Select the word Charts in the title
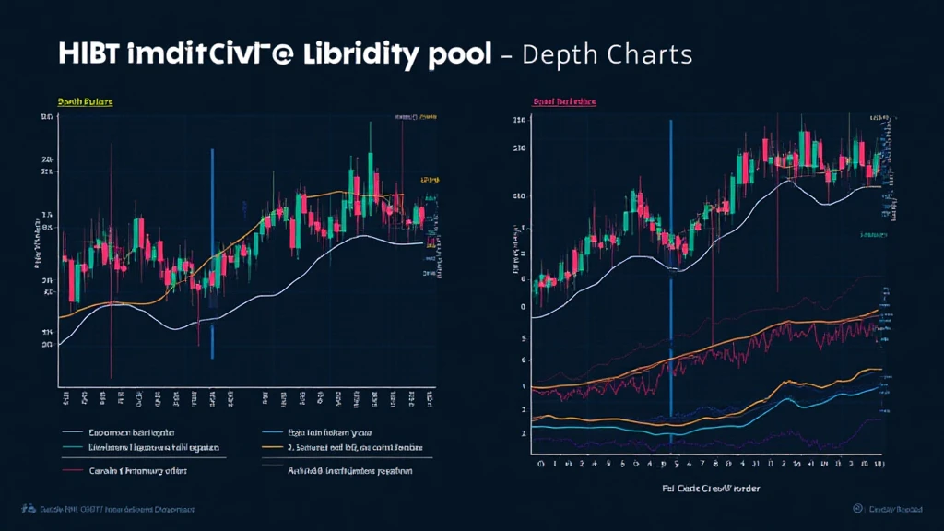point(650,54)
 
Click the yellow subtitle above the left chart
point(85,101)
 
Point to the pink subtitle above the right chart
point(563,101)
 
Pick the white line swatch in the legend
point(72,431)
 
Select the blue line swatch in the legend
point(272,431)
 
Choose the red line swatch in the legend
point(72,471)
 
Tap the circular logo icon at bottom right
point(857,509)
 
